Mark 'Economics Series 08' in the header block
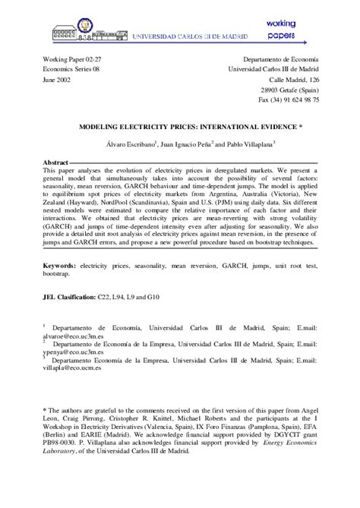(69, 68)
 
